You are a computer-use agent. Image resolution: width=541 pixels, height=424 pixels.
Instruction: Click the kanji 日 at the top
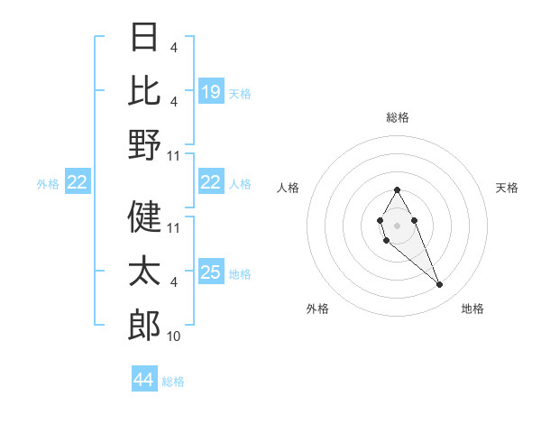pyautogui.click(x=144, y=38)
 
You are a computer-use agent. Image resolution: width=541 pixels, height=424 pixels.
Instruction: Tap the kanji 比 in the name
pyautogui.click(x=144, y=90)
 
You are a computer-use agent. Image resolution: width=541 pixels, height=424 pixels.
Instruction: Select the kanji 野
pyautogui.click(x=144, y=144)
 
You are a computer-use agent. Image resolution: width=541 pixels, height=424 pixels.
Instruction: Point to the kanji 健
pyautogui.click(x=144, y=217)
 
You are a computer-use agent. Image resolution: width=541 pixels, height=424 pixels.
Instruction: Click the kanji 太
pyautogui.click(x=144, y=271)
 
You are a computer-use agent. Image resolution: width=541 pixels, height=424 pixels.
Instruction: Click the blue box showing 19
pyautogui.click(x=211, y=92)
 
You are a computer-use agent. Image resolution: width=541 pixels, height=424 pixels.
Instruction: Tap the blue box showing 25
pyautogui.click(x=211, y=273)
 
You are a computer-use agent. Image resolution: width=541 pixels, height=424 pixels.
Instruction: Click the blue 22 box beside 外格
pyautogui.click(x=78, y=183)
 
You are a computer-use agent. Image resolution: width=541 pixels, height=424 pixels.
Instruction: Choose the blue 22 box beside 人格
pyautogui.click(x=211, y=183)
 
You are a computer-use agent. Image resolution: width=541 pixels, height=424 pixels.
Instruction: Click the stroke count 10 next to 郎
pyautogui.click(x=173, y=336)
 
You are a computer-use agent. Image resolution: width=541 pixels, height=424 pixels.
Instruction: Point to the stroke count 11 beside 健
pyautogui.click(x=174, y=228)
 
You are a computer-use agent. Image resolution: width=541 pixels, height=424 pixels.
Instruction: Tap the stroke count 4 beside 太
pyautogui.click(x=173, y=282)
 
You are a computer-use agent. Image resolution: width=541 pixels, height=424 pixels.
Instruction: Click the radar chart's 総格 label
pyautogui.click(x=397, y=117)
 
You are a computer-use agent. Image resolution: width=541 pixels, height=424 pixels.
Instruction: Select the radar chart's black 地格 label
pyautogui.click(x=472, y=309)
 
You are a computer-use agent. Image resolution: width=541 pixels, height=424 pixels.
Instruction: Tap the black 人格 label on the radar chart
pyautogui.click(x=289, y=188)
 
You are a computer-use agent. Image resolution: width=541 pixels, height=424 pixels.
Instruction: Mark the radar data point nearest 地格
pyautogui.click(x=439, y=285)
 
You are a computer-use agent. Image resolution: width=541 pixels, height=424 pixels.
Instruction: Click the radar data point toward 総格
pyautogui.click(x=397, y=189)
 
